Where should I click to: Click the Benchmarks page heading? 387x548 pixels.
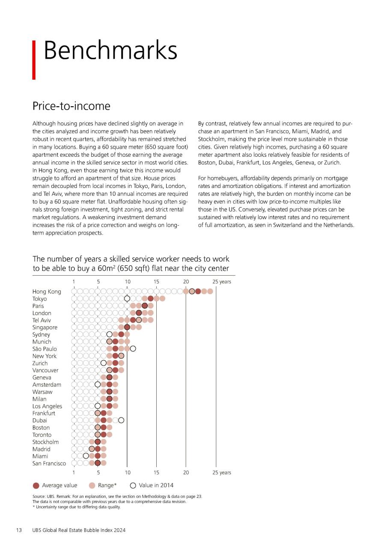point(110,51)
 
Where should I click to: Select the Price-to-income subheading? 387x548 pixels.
point(71,106)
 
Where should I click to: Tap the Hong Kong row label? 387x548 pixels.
point(47,292)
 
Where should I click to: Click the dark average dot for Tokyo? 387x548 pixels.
point(150,298)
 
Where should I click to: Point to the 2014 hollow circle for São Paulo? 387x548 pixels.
point(133,348)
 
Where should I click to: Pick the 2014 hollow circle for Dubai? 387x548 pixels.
point(121,420)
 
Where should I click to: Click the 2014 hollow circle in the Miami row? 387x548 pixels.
point(86,456)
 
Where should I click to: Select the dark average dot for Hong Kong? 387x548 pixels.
point(198,292)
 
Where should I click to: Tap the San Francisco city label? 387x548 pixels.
point(49,463)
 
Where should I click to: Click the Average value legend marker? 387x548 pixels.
point(36,485)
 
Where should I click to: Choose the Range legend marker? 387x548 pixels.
point(92,485)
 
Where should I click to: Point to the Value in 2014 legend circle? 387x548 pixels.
point(133,485)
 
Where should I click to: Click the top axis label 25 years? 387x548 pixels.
point(222,282)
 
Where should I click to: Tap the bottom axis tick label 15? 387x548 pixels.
point(156,472)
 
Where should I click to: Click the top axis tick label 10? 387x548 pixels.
point(128,282)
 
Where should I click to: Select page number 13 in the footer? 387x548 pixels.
point(19,530)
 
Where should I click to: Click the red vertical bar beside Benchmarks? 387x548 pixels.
point(34,60)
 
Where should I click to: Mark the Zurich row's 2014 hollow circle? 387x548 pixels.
point(104,363)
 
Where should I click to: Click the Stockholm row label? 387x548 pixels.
point(45,442)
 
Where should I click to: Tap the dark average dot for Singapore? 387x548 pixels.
point(127,327)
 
